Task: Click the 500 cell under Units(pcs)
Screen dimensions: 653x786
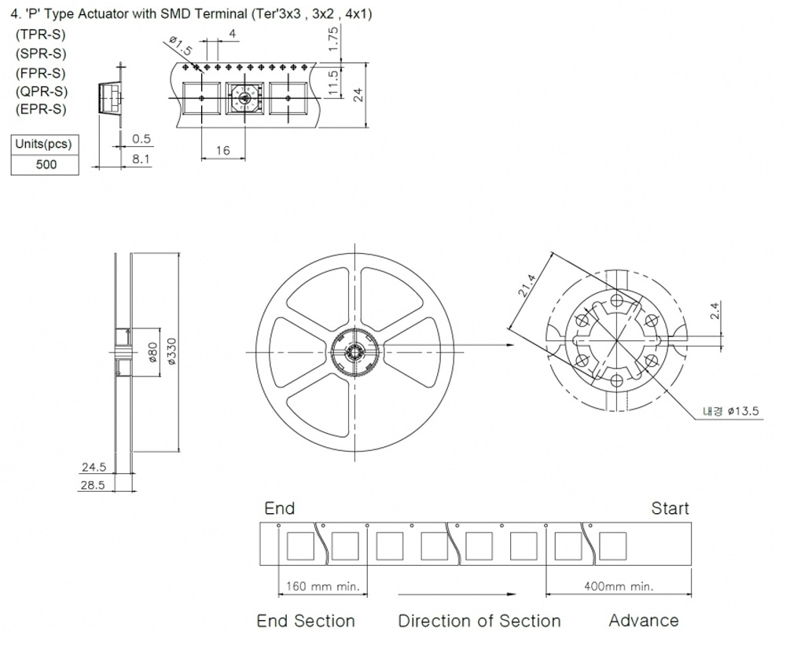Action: tap(46, 165)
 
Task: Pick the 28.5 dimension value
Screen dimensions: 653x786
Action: tap(93, 485)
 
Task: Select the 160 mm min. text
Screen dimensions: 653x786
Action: tap(324, 586)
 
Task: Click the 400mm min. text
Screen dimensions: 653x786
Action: tap(619, 586)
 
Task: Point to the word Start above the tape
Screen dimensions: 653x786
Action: tap(670, 508)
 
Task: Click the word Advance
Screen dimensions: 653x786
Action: tap(644, 621)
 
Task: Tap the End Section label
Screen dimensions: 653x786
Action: tap(306, 621)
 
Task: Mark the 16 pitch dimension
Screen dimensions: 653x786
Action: tap(223, 150)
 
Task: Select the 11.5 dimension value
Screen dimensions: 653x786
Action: tap(333, 82)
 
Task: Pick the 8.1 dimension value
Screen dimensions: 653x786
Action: tap(141, 159)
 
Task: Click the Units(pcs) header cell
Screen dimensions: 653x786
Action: tap(46, 145)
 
